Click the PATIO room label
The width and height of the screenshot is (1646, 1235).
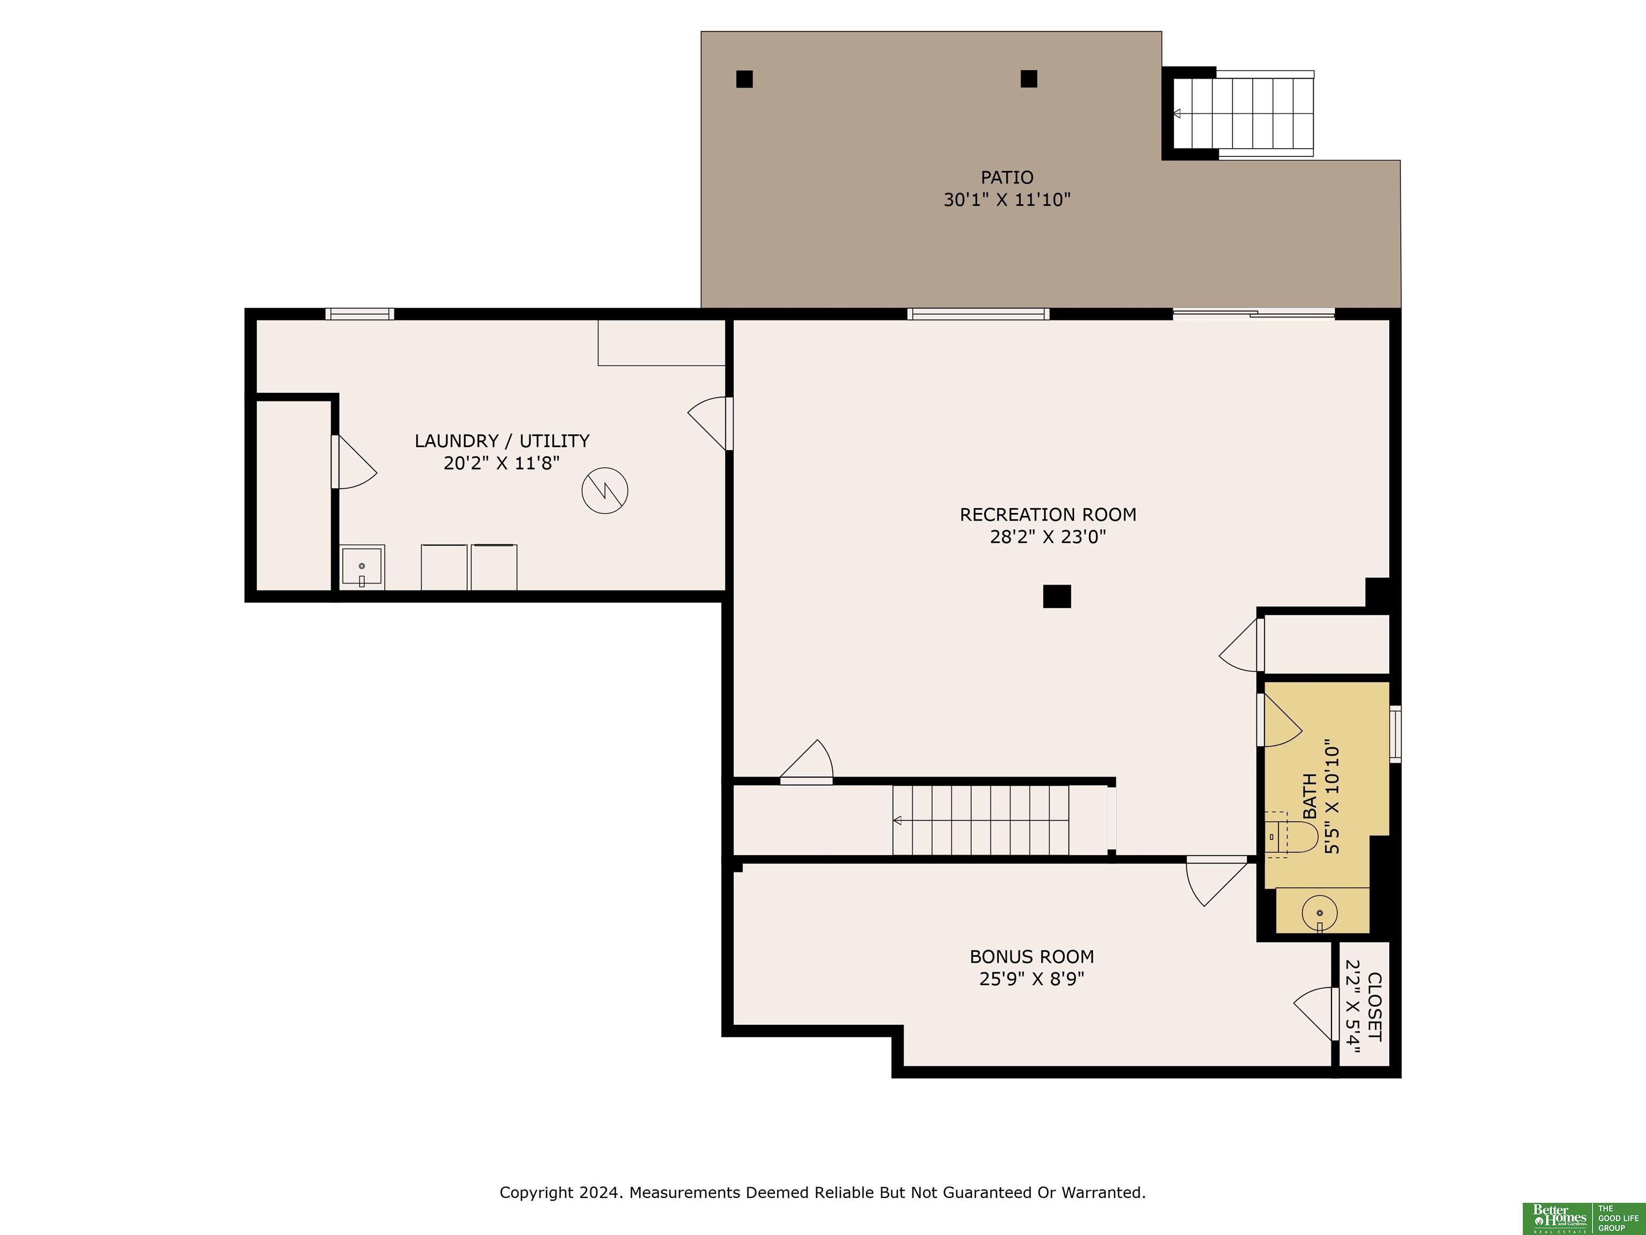[1007, 177]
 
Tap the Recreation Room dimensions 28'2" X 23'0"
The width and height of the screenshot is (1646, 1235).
[1048, 537]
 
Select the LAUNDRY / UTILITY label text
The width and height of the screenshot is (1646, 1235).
[502, 441]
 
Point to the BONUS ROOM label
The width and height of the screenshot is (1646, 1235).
[1031, 957]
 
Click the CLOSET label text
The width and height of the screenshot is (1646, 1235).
[1374, 1007]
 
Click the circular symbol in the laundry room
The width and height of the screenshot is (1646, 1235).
[605, 490]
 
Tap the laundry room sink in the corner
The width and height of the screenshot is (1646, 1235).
[362, 567]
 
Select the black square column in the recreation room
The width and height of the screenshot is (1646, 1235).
[1057, 596]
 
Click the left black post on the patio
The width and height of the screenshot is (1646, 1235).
[744, 79]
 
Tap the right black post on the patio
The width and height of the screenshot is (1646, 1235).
[1029, 78]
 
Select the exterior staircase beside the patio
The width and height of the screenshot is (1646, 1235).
[1244, 114]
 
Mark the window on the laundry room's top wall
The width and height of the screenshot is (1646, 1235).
[360, 314]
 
